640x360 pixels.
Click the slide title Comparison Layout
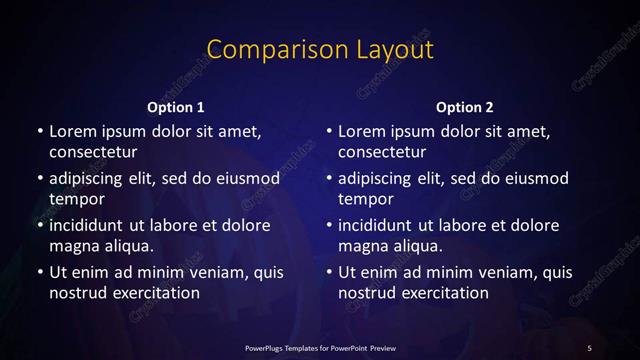320,50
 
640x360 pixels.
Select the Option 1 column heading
176,107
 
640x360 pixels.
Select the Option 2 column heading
465,107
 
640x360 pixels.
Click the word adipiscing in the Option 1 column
89,178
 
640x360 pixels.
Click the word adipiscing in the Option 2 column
379,178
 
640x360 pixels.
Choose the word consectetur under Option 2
383,152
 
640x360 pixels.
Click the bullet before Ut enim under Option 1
39,272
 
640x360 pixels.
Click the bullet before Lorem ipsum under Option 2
329,131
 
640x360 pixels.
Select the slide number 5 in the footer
590,347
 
